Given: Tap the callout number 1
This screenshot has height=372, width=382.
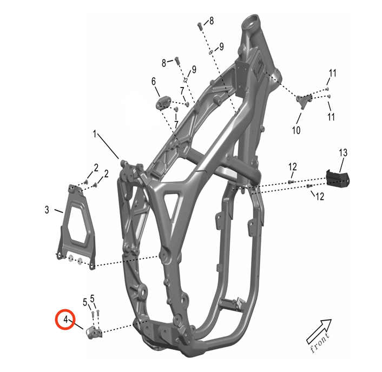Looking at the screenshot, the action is pyautogui.click(x=95, y=134).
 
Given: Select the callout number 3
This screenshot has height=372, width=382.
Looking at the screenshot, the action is pyautogui.click(x=47, y=210).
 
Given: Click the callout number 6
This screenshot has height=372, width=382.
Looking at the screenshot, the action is pyautogui.click(x=154, y=81).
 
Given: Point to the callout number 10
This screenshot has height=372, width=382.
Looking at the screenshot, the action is pyautogui.click(x=297, y=130).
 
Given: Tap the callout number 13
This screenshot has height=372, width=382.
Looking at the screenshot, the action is pyautogui.click(x=343, y=153).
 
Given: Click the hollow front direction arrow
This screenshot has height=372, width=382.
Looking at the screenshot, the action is pyautogui.click(x=319, y=331).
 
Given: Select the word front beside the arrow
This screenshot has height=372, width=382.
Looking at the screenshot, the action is pyautogui.click(x=320, y=342).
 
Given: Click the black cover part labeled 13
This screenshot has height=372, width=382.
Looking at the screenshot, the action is pyautogui.click(x=338, y=178).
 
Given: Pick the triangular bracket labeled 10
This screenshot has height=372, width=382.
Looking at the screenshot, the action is pyautogui.click(x=304, y=101).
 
